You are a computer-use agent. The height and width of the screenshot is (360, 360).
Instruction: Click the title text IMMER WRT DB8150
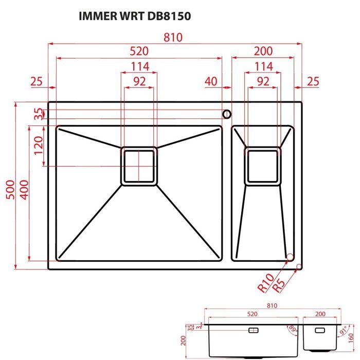[135, 16]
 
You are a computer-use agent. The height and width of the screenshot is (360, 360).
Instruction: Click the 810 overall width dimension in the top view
[174, 38]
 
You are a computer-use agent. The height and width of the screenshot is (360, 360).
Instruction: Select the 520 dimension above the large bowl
[139, 51]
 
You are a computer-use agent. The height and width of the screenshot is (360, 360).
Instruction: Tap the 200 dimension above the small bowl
[263, 51]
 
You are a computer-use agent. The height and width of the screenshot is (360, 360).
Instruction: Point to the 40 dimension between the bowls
[211, 81]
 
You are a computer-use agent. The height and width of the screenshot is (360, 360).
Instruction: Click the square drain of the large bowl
[138, 166]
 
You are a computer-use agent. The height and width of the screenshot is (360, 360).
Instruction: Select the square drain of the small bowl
[262, 166]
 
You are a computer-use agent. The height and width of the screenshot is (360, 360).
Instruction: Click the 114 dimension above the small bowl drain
[263, 66]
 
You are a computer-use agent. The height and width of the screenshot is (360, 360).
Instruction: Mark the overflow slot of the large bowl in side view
[254, 330]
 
